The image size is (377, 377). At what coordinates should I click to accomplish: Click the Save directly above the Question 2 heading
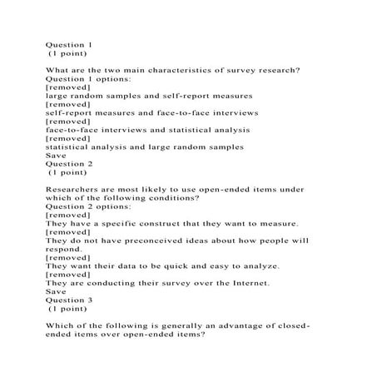[x=55, y=155]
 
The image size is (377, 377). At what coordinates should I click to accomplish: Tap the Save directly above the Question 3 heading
[x=55, y=291]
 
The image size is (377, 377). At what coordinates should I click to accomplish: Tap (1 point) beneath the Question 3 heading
[x=68, y=309]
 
